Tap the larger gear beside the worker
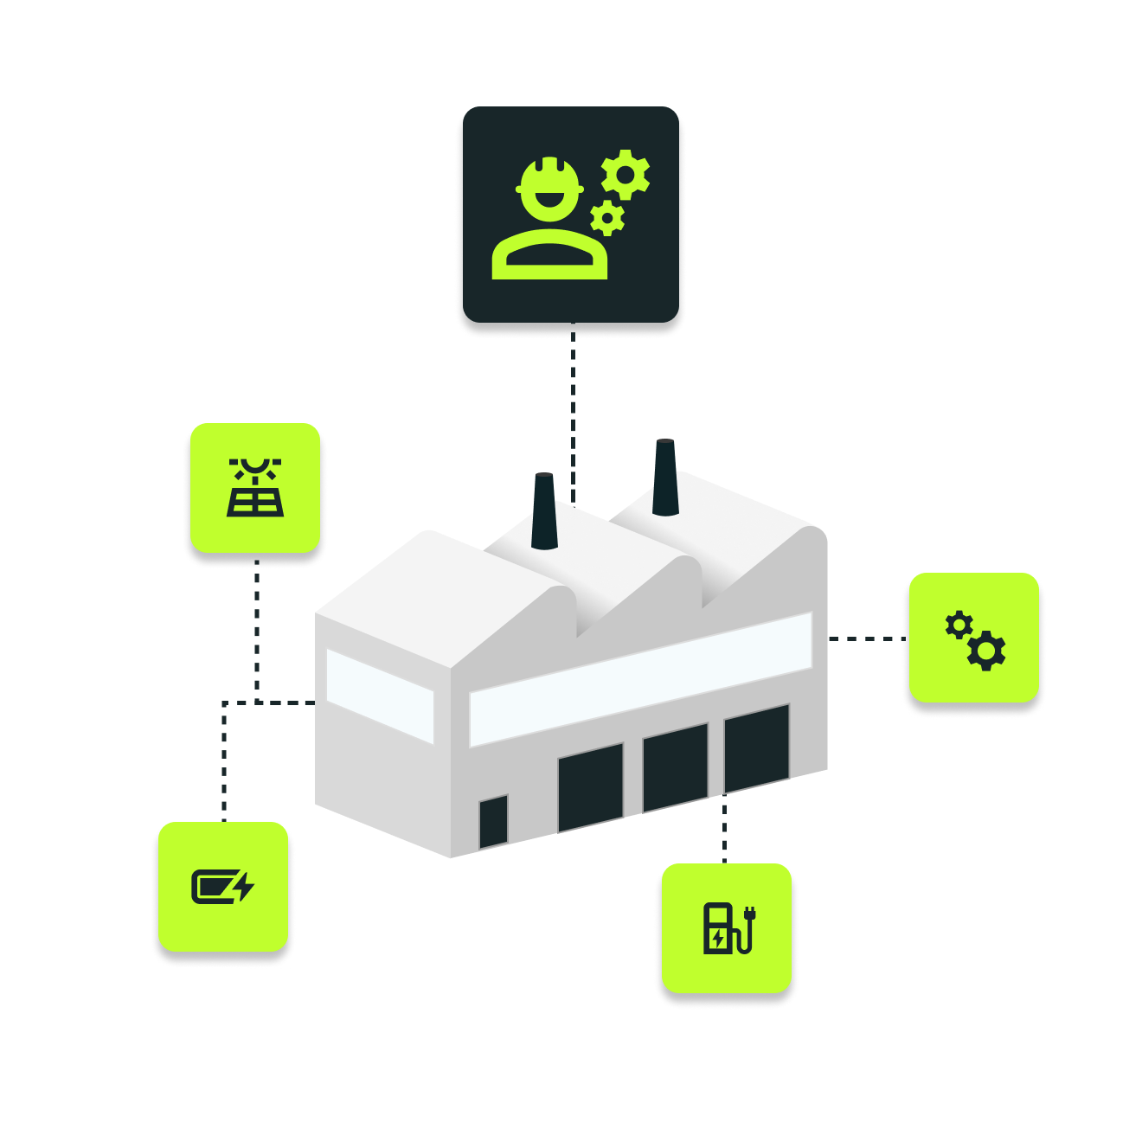click(x=626, y=174)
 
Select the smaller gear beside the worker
click(x=607, y=218)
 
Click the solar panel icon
click(x=255, y=488)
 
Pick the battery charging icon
click(x=222, y=888)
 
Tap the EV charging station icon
click(x=728, y=928)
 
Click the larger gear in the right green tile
click(x=986, y=651)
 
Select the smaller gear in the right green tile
click(x=959, y=625)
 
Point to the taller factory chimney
click(x=664, y=478)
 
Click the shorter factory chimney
click(x=544, y=510)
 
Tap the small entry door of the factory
click(x=493, y=822)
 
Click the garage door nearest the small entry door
click(x=590, y=787)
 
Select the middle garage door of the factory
click(x=675, y=767)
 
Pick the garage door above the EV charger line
click(x=757, y=747)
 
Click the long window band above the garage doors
click(x=640, y=679)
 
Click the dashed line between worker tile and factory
click(x=573, y=407)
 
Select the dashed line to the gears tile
click(x=865, y=639)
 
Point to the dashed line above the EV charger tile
click(x=724, y=831)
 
